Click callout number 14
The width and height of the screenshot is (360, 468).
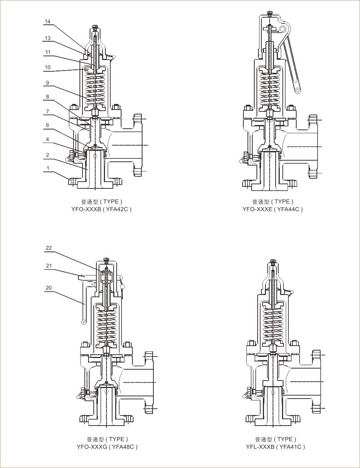[48, 21]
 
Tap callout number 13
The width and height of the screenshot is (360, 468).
[48, 38]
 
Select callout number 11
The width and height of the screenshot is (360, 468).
[48, 52]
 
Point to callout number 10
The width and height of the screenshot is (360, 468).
[48, 67]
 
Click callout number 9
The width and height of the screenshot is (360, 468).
[48, 83]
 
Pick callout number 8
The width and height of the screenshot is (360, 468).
[48, 96]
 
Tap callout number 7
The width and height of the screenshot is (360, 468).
[48, 111]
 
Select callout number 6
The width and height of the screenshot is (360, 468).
[48, 125]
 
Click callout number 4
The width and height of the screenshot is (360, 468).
[48, 139]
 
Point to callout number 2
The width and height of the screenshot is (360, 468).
[48, 155]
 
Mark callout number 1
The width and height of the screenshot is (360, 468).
[48, 168]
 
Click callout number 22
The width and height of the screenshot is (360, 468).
[49, 248]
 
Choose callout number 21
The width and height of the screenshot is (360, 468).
[49, 265]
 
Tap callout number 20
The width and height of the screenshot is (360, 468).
[49, 288]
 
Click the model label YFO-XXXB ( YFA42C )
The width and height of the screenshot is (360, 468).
[101, 209]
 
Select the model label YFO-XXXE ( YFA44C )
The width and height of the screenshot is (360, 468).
[273, 209]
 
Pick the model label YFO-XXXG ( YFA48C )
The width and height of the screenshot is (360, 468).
[107, 447]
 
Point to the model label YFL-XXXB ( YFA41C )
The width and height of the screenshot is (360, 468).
[276, 447]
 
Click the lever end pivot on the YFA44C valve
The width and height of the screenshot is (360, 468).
[298, 90]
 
